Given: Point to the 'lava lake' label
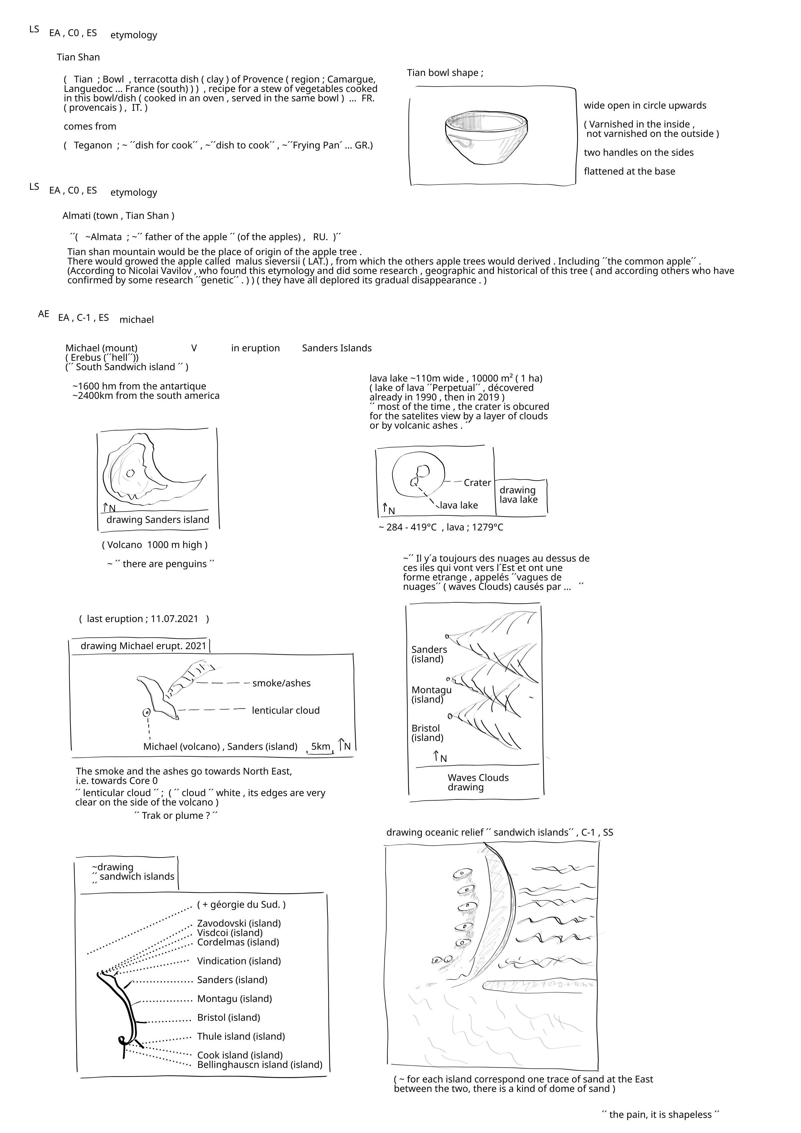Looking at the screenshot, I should [459, 505].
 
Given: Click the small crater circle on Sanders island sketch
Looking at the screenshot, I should [130, 473].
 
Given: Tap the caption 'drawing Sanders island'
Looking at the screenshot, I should [158, 520].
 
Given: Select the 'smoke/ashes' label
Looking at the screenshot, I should [281, 683].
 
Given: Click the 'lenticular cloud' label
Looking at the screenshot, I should [286, 711].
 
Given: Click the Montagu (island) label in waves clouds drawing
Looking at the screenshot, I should [432, 694].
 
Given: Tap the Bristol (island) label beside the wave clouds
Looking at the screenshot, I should [427, 733].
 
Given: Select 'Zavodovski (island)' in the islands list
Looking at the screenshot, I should [239, 923].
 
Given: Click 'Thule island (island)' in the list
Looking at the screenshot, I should [241, 1036].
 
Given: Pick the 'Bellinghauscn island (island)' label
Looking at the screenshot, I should [260, 1065].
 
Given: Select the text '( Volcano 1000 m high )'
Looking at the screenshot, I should [154, 545].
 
